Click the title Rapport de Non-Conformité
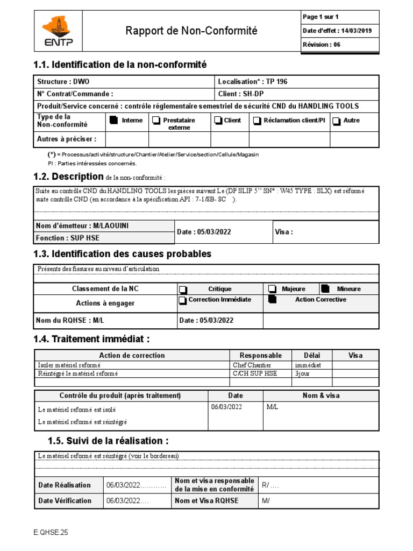(x=191, y=31)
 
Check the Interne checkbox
(x=113, y=121)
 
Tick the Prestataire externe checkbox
(x=155, y=121)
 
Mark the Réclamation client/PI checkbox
(x=258, y=121)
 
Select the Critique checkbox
(x=183, y=289)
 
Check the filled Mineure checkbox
(x=326, y=288)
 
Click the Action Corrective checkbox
(x=272, y=300)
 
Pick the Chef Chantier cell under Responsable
(x=252, y=365)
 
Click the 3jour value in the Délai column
(x=302, y=373)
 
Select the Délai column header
(x=311, y=355)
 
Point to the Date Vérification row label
(x=65, y=500)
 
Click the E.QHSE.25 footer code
(x=51, y=533)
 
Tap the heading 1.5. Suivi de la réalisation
(x=108, y=441)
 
